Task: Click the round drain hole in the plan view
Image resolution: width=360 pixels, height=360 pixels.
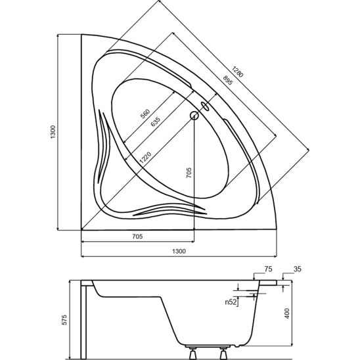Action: click(x=194, y=116)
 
